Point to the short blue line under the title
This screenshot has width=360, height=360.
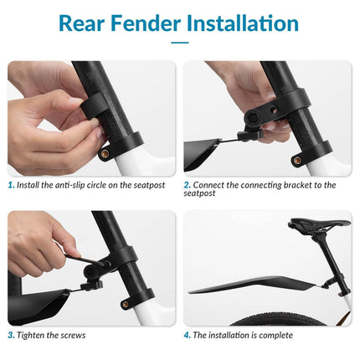pyautogui.click(x=180, y=42)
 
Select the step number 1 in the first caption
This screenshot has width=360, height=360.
pyautogui.click(x=11, y=185)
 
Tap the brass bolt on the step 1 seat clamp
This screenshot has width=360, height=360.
pyautogui.click(x=104, y=153)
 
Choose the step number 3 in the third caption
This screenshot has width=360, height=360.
pyautogui.click(x=11, y=335)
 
